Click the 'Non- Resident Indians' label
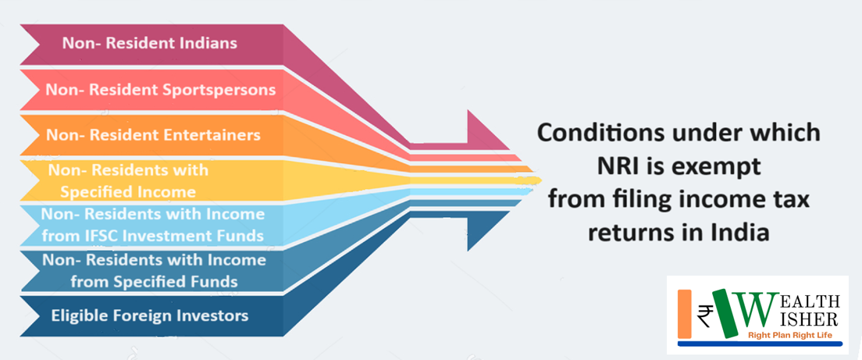pyautogui.click(x=150, y=43)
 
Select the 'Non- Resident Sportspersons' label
pyautogui.click(x=161, y=89)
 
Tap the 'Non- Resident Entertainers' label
pyautogui.click(x=153, y=134)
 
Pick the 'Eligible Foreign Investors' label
pyautogui.click(x=150, y=316)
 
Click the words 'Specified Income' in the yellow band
pyautogui.click(x=128, y=192)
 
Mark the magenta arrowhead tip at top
pyautogui.click(x=509, y=149)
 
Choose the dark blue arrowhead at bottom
pyautogui.click(x=489, y=231)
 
